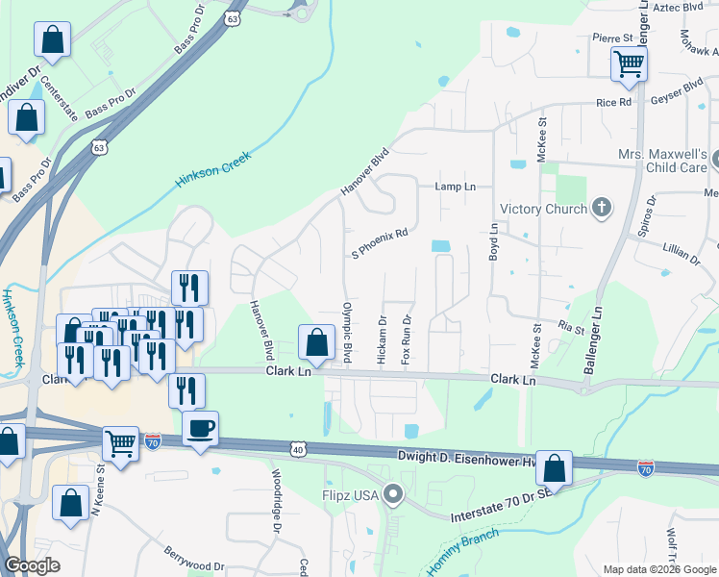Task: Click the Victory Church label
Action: [x=542, y=209]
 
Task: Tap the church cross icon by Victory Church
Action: [x=602, y=207]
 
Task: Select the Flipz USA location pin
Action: [x=392, y=495]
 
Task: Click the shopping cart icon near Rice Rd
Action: [x=629, y=63]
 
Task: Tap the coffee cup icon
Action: [x=200, y=428]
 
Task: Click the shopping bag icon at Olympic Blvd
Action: [x=316, y=342]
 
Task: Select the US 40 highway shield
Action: [x=299, y=449]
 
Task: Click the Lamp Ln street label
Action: [x=456, y=187]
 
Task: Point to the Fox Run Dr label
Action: [x=407, y=339]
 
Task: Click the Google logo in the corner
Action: [x=32, y=565]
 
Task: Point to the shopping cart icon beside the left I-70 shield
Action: [x=120, y=444]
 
